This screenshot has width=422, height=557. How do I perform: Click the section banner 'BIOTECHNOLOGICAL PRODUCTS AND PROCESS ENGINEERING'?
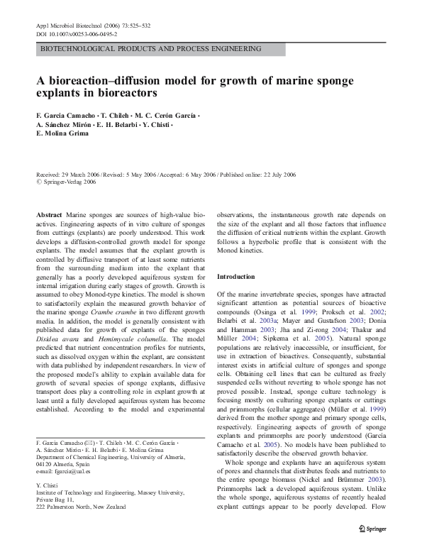[x=150, y=49]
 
